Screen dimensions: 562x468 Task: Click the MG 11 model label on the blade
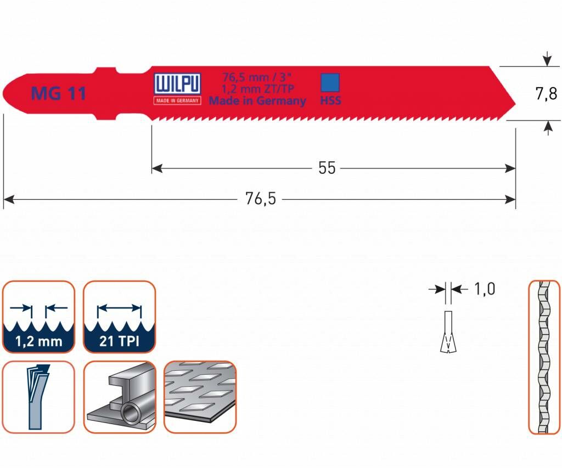[x=58, y=93]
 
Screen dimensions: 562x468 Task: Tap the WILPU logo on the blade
[x=177, y=84]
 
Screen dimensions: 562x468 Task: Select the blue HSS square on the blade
[x=330, y=83]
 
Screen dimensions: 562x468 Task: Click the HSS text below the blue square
[x=330, y=101]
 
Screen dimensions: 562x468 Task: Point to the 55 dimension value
[x=327, y=168]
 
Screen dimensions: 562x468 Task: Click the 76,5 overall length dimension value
[x=261, y=199]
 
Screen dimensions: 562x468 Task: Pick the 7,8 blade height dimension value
[x=546, y=94]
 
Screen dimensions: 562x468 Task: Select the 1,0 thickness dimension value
[x=485, y=289]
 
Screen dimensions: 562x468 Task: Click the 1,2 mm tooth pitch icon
[x=39, y=317]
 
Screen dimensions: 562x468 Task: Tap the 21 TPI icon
[x=119, y=317]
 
